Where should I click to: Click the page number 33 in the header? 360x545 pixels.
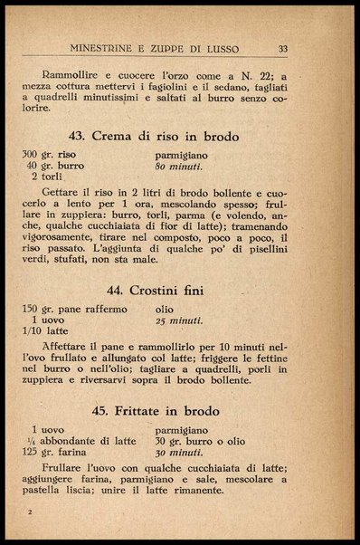pos(283,49)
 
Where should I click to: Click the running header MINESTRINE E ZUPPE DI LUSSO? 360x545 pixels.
pos(164,49)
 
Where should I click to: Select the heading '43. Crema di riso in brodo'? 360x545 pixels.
pos(154,137)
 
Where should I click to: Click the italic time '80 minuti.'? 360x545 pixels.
pos(179,167)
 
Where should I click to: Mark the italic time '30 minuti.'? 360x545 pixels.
pos(179,452)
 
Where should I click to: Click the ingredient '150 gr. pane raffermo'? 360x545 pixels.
pos(74,309)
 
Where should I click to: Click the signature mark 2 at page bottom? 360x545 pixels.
pos(30,513)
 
